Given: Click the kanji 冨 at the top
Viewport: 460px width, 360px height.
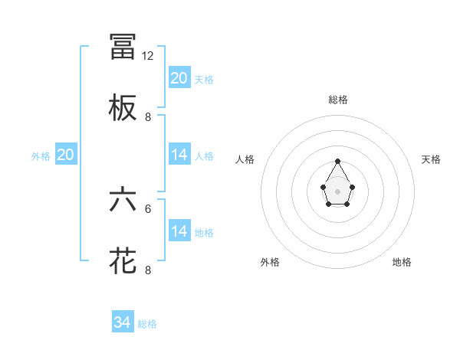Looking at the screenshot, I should tap(123, 47).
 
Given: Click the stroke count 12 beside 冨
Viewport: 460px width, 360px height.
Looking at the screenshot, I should tap(148, 56).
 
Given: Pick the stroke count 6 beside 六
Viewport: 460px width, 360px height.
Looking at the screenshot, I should tap(148, 208).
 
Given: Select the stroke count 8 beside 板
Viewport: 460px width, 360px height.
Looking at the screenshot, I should tap(148, 117).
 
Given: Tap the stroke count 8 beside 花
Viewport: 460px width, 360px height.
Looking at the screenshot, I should tap(148, 270).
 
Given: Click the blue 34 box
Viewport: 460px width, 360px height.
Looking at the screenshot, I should tap(122, 323).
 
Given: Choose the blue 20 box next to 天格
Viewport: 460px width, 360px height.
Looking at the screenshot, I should tap(179, 78).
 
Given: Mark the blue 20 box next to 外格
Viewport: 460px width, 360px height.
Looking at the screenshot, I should tap(65, 155).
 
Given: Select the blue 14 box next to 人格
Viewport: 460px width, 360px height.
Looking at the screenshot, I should tap(179, 155).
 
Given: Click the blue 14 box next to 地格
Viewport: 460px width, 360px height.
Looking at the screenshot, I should tap(179, 231).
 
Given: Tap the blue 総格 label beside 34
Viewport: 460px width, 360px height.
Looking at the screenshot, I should tap(147, 324).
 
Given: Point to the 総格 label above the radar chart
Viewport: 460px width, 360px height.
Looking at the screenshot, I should tap(338, 100).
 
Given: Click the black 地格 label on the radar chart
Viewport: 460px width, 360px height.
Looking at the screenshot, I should tap(402, 262).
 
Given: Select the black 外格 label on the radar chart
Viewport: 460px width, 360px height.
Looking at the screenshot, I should tap(270, 262).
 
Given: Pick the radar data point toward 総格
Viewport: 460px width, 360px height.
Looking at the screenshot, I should tap(337, 161).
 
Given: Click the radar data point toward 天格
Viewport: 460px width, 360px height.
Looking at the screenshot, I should tap(352, 186).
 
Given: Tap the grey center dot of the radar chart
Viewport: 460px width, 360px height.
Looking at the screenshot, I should tap(337, 191).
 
